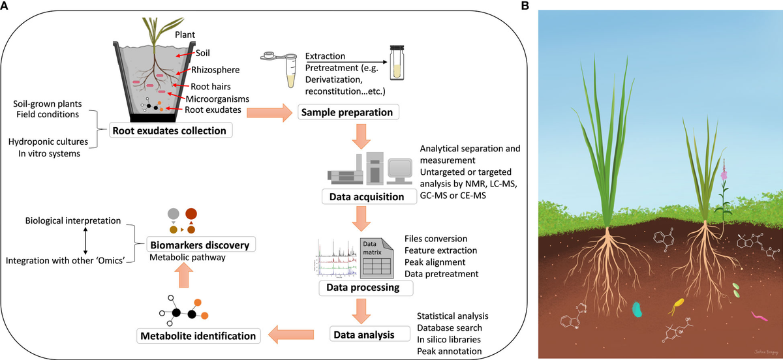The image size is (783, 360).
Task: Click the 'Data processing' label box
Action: point(359,287)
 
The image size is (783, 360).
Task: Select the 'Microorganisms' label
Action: point(220,98)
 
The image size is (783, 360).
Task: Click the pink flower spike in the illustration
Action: point(724,175)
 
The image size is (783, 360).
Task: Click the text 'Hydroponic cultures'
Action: point(49,142)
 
